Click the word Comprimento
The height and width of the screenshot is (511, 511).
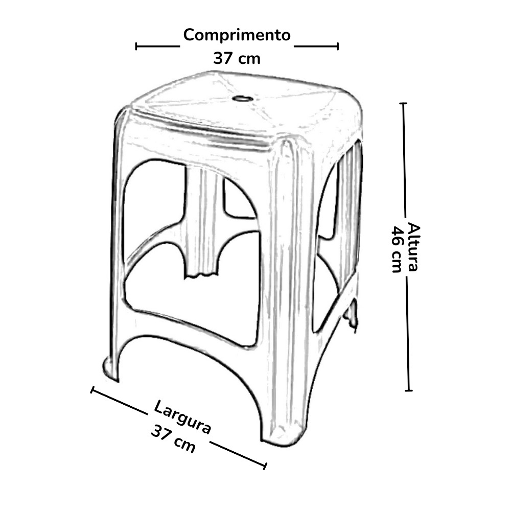point(237,36)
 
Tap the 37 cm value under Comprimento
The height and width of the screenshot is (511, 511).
point(237,58)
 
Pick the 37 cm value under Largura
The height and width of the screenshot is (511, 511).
point(173,438)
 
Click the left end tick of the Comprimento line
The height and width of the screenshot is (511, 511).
point(136,46)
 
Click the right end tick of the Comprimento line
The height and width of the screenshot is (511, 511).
point(337,46)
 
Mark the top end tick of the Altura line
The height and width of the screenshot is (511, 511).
point(403,104)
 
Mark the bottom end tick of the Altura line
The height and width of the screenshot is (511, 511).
point(408,390)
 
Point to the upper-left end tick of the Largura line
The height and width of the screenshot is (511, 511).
point(92,390)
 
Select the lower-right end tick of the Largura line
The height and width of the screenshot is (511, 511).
point(265,466)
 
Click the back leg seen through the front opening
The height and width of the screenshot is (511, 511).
point(202,225)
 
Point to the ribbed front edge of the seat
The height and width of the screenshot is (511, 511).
point(204,132)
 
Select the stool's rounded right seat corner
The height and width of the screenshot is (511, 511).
point(353,112)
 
